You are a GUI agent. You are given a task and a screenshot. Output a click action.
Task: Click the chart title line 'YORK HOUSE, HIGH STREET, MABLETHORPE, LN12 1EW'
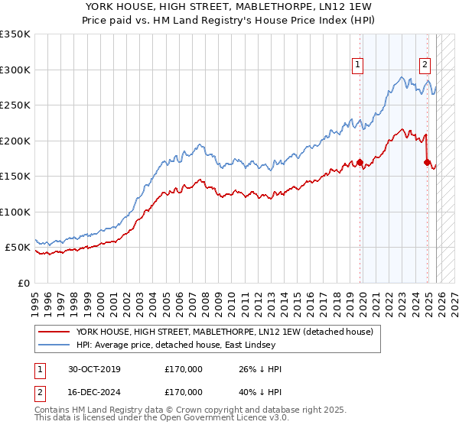tap(229, 6)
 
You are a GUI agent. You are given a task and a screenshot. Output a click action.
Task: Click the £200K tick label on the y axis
tap(15, 141)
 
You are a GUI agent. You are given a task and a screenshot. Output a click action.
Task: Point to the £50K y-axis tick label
tap(18, 248)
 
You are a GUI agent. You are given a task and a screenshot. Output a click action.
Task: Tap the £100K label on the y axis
tap(15, 212)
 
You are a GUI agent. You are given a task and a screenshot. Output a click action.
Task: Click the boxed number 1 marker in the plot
tap(358, 65)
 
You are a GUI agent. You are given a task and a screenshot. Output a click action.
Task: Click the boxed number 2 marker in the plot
tap(425, 65)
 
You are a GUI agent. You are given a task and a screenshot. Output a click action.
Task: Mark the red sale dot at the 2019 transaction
tap(360, 162)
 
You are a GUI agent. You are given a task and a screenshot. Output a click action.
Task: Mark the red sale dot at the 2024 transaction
tap(427, 162)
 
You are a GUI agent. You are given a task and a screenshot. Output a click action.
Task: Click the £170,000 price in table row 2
tap(184, 391)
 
